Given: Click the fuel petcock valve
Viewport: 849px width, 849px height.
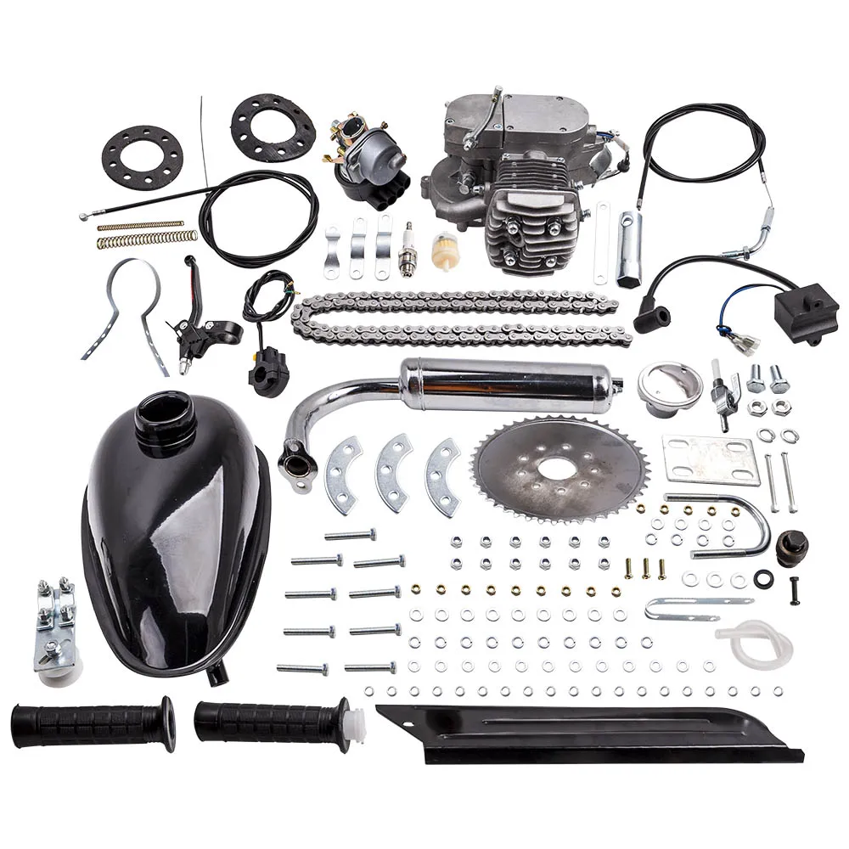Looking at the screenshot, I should [x=722, y=390].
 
